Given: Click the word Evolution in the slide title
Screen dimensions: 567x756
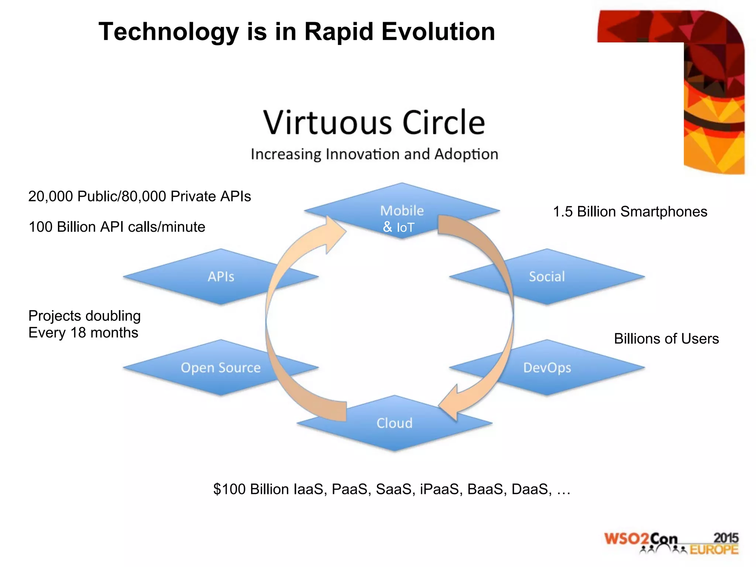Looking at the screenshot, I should coord(438,32).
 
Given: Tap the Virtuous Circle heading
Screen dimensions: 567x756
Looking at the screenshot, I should coord(374,122).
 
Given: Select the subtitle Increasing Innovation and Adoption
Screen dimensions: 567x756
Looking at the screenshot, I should coord(374,154).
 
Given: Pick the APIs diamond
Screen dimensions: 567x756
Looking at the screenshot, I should coord(221,276).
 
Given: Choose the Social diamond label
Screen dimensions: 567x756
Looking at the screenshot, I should coord(547,276).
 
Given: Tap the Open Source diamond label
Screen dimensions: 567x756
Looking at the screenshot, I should coord(221,368).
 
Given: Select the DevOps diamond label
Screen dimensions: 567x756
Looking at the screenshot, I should coord(547,368).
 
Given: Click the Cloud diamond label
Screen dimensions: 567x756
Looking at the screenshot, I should coord(394,423).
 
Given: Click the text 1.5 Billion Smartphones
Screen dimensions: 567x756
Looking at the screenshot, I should coord(630,212).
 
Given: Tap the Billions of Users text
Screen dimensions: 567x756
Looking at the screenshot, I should coord(666,339).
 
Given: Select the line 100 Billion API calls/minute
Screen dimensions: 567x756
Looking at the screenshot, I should coord(117,227).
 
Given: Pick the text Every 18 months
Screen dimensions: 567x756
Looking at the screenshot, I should coord(83,333).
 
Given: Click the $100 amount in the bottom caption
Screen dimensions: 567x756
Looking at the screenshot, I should coord(229,489).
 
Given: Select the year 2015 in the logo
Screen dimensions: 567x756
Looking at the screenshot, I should coord(726,538).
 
